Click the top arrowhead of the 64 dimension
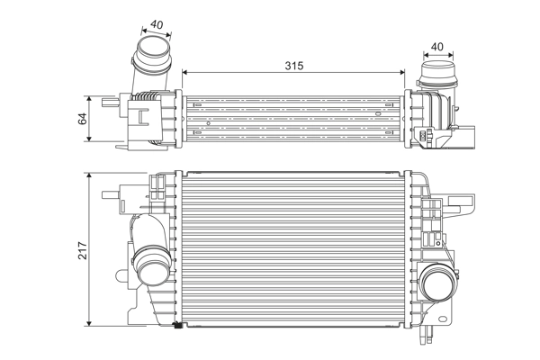(x=90, y=97)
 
